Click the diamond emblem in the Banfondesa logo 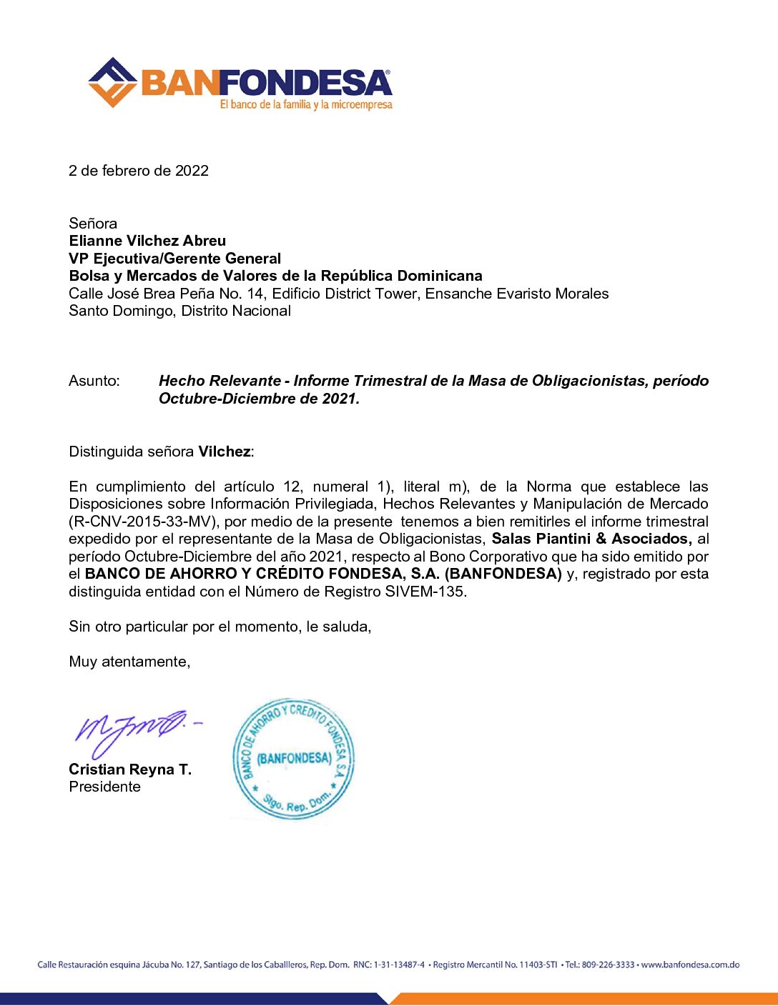point(112,83)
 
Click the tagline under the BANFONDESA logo point(306,105)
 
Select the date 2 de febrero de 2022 point(139,171)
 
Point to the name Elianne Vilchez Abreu point(147,241)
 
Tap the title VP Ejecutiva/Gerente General point(175,259)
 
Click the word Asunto point(94,381)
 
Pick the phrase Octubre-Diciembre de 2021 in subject point(258,399)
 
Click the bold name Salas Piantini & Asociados point(591,539)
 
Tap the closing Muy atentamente point(129,662)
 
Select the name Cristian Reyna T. point(130,770)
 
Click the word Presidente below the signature point(104,787)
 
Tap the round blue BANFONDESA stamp point(293,759)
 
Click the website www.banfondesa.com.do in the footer point(690,965)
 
